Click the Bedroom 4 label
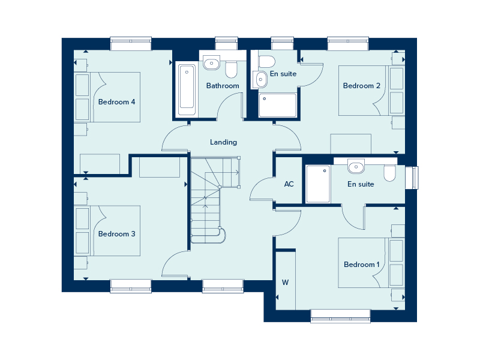pyautogui.click(x=116, y=102)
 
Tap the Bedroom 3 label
pyautogui.click(x=116, y=234)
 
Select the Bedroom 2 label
pyautogui.click(x=362, y=86)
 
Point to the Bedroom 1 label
pyautogui.click(x=362, y=265)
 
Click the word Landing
pyautogui.click(x=223, y=142)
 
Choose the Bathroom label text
pyautogui.click(x=223, y=86)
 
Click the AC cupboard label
pyautogui.click(x=289, y=184)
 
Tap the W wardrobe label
pyautogui.click(x=285, y=282)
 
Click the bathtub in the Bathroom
pyautogui.click(x=187, y=90)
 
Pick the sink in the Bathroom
pyautogui.click(x=211, y=63)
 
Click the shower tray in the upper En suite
pyautogui.click(x=277, y=105)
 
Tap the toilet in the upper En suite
pyautogui.click(x=266, y=61)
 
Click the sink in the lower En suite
pyautogui.click(x=356, y=166)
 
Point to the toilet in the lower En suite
pyautogui.click(x=390, y=173)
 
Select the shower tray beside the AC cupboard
pyautogui.click(x=318, y=184)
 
